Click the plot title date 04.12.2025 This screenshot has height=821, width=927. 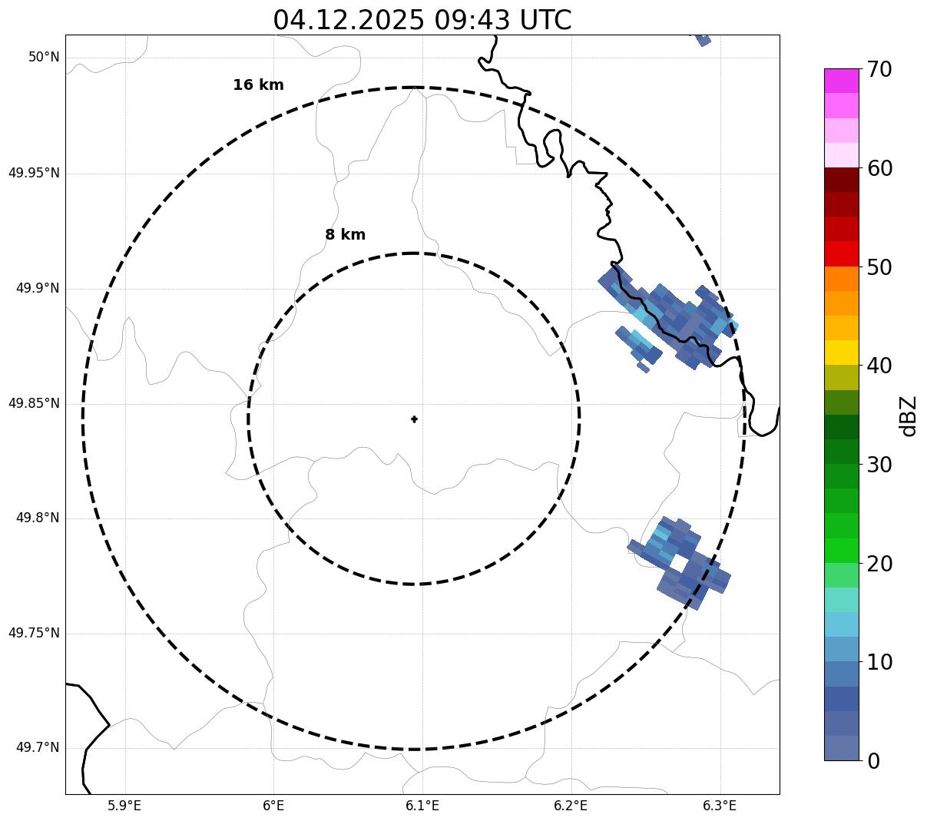pos(348,20)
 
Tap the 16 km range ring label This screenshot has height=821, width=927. pos(258,85)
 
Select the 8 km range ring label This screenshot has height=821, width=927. pos(345,235)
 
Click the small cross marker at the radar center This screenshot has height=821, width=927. pos(415,419)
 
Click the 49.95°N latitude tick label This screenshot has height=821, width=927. pos(34,173)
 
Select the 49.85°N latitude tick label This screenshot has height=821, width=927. pos(34,403)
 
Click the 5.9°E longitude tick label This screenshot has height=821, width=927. pos(124,806)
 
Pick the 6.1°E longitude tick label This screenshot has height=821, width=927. pos(422,806)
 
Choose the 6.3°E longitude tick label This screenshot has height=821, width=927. pos(720,806)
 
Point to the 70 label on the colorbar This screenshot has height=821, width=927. pos(879,70)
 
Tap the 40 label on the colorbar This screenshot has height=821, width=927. pos(879,366)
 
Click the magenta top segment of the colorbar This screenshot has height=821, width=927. pos(841,81)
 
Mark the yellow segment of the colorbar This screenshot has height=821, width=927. pos(841,353)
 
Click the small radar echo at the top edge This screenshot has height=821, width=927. pos(703,39)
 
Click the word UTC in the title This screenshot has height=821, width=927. pos(545,20)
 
